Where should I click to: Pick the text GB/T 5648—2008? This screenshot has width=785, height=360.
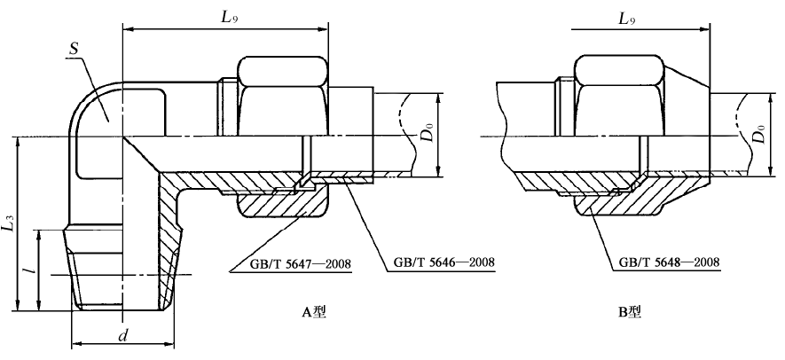pos(664,262)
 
